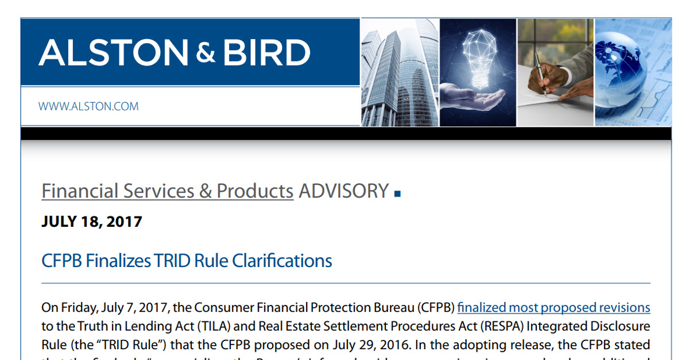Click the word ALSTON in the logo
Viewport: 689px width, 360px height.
(x=113, y=53)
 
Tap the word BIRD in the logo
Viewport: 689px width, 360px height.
(x=266, y=53)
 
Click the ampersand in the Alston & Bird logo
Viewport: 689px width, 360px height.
(x=205, y=53)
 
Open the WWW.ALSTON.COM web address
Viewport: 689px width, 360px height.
(x=88, y=106)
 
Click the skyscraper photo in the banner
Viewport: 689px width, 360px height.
(x=399, y=72)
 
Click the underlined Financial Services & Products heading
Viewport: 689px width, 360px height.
(x=167, y=191)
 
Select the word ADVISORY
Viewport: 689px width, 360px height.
(x=343, y=191)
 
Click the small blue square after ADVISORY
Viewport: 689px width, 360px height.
(x=397, y=195)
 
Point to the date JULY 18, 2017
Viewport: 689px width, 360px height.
(x=92, y=222)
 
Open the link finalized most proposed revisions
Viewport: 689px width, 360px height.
(x=553, y=307)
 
